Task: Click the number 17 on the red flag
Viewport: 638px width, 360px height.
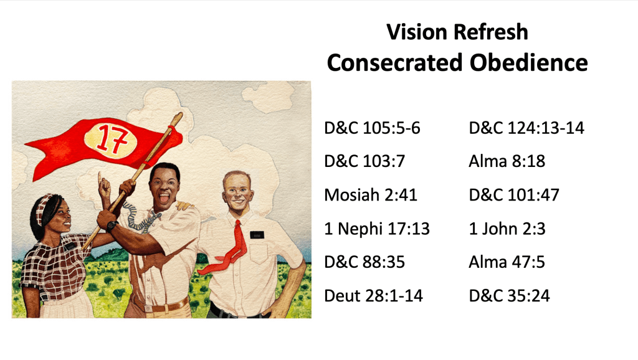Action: (x=112, y=138)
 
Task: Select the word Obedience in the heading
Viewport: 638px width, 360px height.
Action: (x=528, y=63)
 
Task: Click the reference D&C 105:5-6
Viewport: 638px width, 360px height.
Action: (x=372, y=128)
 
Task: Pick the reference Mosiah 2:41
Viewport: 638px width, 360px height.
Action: (x=371, y=195)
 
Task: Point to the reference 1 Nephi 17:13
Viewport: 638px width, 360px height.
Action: (x=377, y=229)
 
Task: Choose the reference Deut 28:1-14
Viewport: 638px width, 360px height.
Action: (x=373, y=296)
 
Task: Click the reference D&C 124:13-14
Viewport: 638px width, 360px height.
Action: (x=526, y=128)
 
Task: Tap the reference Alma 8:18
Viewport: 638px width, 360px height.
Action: (x=507, y=161)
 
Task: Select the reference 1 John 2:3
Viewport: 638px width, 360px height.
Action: (x=507, y=229)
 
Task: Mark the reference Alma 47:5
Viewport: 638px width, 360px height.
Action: (x=507, y=262)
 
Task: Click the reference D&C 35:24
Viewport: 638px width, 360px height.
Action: (x=510, y=296)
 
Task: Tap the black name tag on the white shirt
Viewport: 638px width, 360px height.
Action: (x=257, y=235)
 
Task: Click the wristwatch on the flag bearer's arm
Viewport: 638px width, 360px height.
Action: (x=112, y=225)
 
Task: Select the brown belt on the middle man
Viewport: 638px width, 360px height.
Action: (x=163, y=306)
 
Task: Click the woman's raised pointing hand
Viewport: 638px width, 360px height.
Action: (x=104, y=187)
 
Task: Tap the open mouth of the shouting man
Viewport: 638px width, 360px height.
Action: (x=164, y=199)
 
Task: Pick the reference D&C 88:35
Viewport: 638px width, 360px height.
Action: (x=364, y=262)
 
